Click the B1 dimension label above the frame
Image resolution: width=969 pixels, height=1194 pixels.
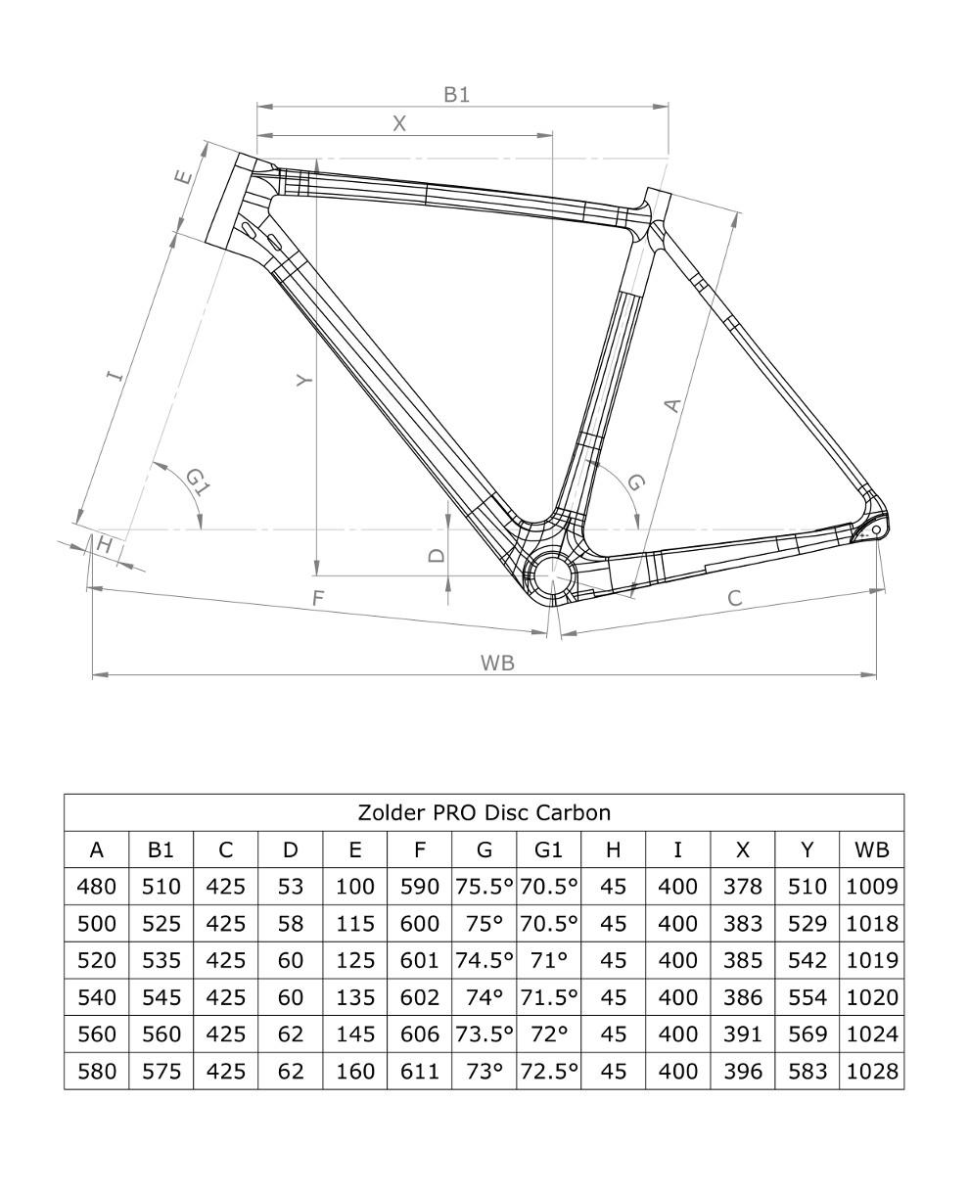pyautogui.click(x=456, y=95)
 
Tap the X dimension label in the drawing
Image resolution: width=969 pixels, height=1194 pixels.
pyautogui.click(x=399, y=123)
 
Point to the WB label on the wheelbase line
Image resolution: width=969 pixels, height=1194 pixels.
pyautogui.click(x=497, y=663)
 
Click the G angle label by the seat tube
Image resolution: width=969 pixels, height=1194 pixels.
pyautogui.click(x=635, y=482)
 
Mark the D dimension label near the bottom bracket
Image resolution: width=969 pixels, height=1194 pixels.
pyautogui.click(x=437, y=555)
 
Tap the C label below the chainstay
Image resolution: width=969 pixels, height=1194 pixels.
pyautogui.click(x=735, y=598)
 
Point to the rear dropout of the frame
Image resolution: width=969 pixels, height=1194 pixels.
pyautogui.click(x=870, y=529)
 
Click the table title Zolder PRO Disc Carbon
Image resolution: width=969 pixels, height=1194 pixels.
pyautogui.click(x=484, y=812)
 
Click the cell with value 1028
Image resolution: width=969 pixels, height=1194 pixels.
pyautogui.click(x=871, y=1071)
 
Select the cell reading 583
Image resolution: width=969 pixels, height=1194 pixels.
pyautogui.click(x=807, y=1071)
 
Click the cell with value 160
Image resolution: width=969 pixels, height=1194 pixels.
pyautogui.click(x=354, y=1071)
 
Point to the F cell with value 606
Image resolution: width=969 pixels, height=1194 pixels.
pyautogui.click(x=419, y=1034)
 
